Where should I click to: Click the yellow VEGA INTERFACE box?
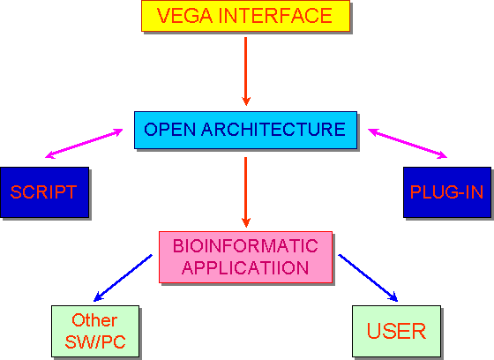point(245,16)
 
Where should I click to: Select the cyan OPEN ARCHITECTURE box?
point(245,130)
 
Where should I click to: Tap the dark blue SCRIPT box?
point(45,192)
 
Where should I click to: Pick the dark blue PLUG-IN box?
point(447,192)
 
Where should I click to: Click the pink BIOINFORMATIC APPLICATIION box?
point(245,258)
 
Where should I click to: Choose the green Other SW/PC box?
point(95,331)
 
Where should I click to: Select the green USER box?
point(396,331)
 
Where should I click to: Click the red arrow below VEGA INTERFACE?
point(246,71)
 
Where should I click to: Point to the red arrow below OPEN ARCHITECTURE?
point(246,192)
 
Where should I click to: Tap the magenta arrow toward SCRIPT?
point(84,144)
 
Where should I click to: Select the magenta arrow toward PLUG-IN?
point(408,144)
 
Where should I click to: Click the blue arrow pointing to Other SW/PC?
point(123,278)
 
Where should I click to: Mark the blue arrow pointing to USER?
point(368,278)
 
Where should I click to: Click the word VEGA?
point(184,16)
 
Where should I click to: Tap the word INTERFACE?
point(274,16)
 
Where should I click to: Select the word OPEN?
point(169,129)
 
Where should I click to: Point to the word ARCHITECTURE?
point(273,129)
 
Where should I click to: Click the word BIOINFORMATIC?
point(245,246)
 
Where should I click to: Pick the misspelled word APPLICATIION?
point(245,268)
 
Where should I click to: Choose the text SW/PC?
point(95,341)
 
